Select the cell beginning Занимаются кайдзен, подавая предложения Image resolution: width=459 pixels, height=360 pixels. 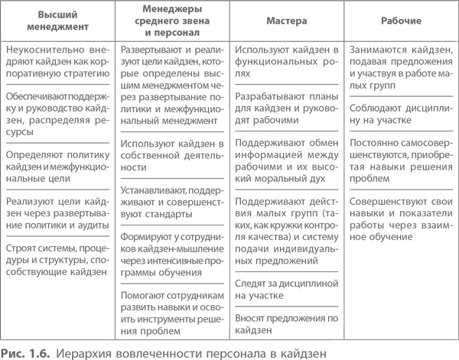point(399,67)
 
